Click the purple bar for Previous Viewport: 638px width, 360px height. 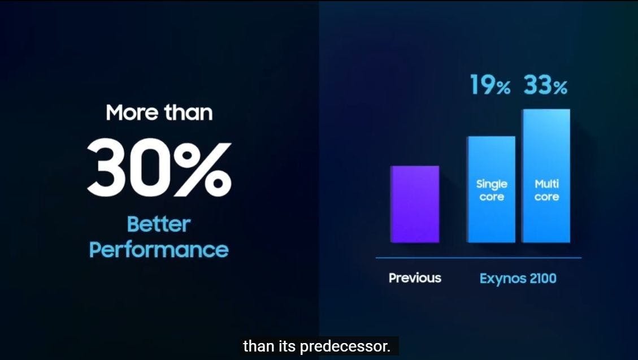pos(415,204)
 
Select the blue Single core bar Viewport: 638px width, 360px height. pos(491,189)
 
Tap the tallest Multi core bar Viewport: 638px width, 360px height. pos(546,176)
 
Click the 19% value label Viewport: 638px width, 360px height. pos(490,85)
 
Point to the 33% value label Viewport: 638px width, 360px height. pos(545,85)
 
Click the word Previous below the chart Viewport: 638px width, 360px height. pos(415,278)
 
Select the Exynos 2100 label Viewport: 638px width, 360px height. pos(518,279)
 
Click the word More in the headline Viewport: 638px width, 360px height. pos(132,112)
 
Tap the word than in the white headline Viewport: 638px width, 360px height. pos(188,112)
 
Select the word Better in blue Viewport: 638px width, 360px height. pos(159,224)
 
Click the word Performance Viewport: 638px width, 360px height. pos(159,250)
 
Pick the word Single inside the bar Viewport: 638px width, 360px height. pos(492,185)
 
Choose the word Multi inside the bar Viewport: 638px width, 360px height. pos(546,184)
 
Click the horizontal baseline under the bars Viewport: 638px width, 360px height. pos(479,258)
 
